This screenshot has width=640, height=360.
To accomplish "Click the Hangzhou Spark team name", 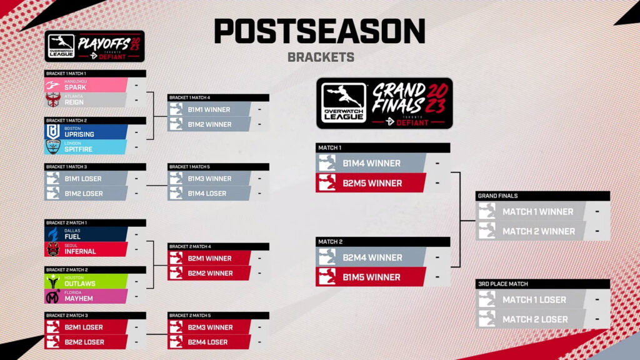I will point(75,87).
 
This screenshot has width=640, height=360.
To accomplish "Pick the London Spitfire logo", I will point(53,146).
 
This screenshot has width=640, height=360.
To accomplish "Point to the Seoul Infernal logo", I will point(53,249).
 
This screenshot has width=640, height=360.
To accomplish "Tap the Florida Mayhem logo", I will point(53,296).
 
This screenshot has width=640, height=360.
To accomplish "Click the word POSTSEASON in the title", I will point(319,31).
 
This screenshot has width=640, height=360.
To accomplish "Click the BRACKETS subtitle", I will point(321,57).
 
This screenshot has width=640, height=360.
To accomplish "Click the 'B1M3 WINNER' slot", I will point(209,179).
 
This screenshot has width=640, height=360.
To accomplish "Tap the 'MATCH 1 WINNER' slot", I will point(537,212).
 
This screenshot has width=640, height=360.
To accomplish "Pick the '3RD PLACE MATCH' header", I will point(503,284).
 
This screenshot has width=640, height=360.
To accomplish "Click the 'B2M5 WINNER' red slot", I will point(371,183).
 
